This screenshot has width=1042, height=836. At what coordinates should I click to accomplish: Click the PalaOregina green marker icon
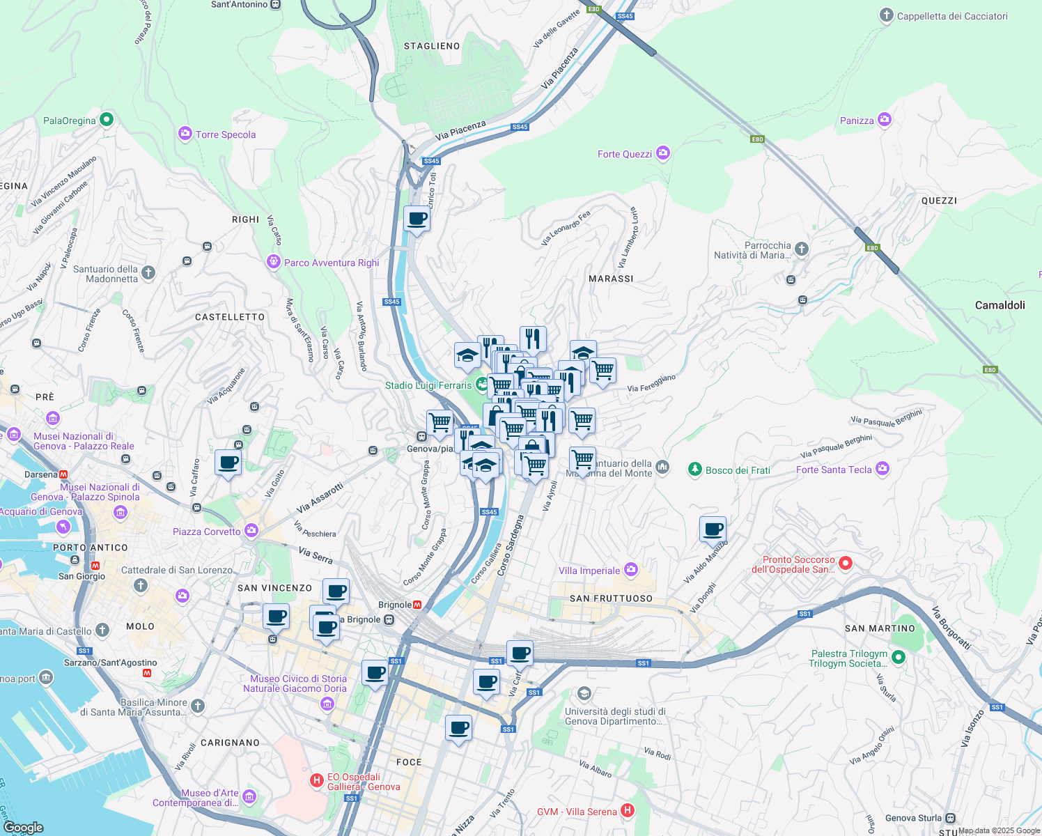click(107, 120)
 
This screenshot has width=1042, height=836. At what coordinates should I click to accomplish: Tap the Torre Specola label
click(226, 134)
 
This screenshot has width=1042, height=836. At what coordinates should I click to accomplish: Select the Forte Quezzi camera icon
click(663, 153)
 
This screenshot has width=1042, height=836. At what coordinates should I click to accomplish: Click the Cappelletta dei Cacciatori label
click(951, 16)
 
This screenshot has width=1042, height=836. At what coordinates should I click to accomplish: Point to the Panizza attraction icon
click(885, 120)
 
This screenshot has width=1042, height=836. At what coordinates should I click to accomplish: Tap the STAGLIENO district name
click(432, 46)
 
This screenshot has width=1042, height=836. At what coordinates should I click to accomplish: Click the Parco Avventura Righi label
click(332, 263)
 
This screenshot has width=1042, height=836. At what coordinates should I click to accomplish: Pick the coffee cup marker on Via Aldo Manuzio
click(713, 529)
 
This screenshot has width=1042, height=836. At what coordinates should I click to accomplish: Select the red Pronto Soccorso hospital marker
click(846, 563)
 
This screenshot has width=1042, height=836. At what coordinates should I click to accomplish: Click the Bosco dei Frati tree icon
click(694, 470)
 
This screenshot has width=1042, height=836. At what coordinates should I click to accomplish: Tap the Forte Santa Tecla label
click(834, 470)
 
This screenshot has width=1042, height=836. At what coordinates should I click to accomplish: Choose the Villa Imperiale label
click(589, 571)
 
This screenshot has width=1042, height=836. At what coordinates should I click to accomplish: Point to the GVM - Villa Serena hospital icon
click(628, 810)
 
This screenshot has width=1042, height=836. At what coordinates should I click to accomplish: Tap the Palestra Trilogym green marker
click(899, 657)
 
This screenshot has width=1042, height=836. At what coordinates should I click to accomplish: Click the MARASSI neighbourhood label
click(611, 279)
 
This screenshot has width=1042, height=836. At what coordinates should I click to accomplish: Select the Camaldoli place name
click(1000, 305)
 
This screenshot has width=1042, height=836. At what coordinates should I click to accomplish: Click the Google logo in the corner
click(24, 828)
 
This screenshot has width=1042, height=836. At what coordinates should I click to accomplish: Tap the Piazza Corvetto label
click(207, 532)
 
